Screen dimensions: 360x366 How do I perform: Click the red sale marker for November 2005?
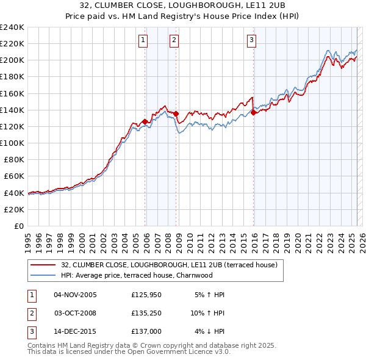[145, 121]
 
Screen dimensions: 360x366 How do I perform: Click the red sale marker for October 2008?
[176, 113]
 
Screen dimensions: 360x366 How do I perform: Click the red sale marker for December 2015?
[253, 112]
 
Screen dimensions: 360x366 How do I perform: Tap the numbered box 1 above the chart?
[143, 41]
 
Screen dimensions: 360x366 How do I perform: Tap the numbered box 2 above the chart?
[174, 41]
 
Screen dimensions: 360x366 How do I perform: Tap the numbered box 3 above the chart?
[251, 41]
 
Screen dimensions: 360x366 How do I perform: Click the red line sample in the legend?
[43, 265]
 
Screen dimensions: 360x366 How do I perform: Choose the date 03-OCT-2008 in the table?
[76, 314]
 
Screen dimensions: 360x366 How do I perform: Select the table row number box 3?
[31, 333]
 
